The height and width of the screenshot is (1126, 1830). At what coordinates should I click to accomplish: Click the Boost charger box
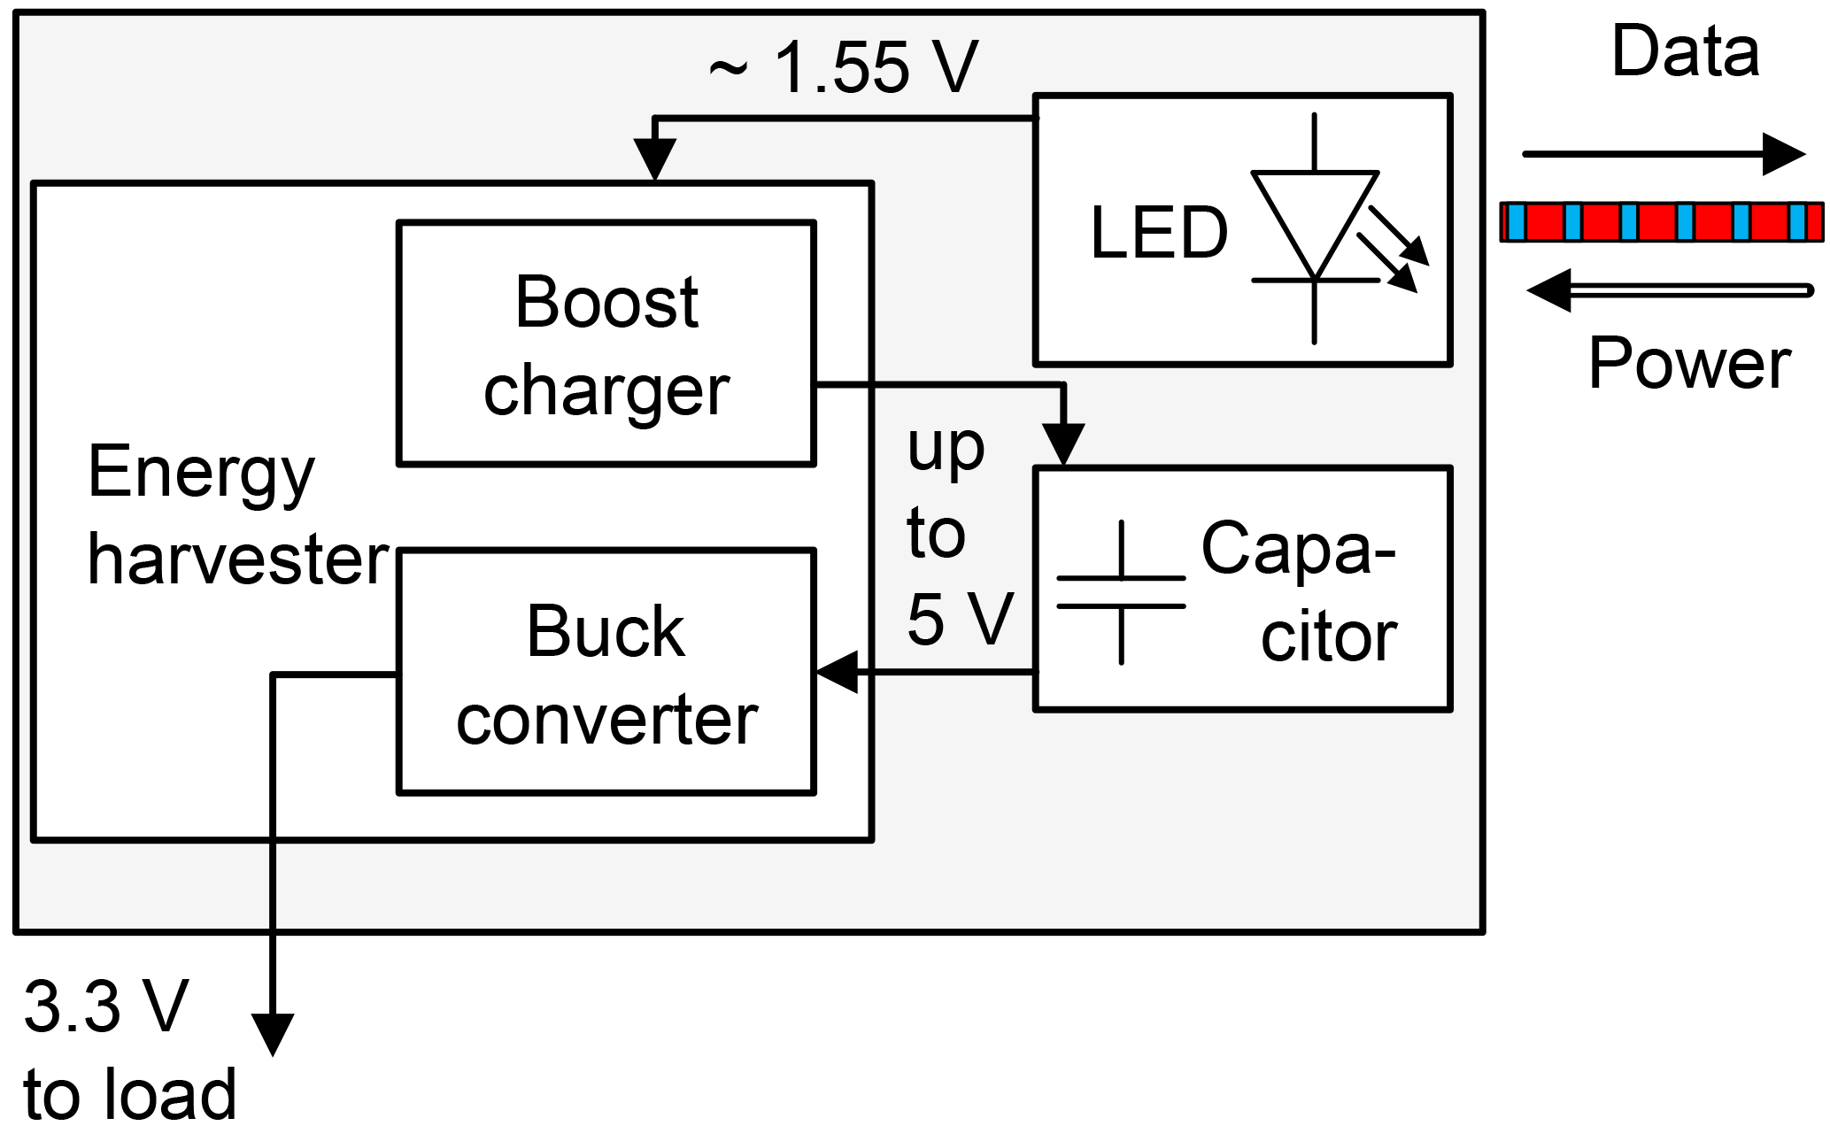point(606,343)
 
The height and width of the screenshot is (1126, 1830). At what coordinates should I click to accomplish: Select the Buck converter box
point(606,673)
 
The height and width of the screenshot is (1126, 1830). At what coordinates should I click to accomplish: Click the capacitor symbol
point(1122,592)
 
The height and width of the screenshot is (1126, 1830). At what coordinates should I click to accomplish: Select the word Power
point(1689,363)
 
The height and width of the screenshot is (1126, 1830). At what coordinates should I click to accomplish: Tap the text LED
point(1159,234)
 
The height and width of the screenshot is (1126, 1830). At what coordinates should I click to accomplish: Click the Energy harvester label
point(237,516)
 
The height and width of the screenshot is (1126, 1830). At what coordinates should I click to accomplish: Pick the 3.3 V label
point(106,1007)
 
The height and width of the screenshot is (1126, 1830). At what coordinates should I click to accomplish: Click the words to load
point(130,1094)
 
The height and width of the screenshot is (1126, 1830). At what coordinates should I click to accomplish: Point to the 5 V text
point(960,619)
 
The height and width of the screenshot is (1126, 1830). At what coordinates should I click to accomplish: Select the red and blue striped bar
point(1662,222)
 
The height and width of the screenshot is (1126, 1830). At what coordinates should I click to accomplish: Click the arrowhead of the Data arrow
point(1784,155)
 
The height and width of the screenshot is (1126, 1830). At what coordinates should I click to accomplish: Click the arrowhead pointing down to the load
point(273,1034)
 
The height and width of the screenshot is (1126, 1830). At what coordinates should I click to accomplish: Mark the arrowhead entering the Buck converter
point(836,673)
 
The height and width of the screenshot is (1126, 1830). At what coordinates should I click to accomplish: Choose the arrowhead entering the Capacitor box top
point(1062,443)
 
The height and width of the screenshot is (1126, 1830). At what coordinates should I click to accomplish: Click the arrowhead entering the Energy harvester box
point(654,162)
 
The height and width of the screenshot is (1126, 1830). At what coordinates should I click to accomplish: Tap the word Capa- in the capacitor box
point(1298,549)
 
